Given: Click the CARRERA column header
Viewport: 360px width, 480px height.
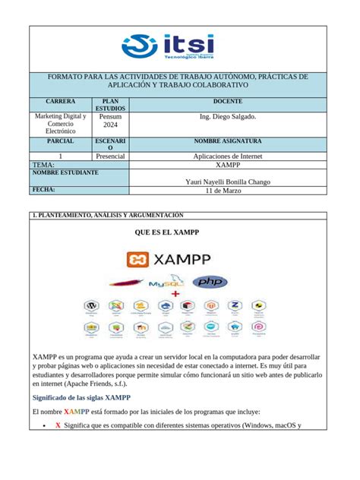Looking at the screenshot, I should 60,100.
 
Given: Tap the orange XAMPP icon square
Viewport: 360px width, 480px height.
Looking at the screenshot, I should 138,260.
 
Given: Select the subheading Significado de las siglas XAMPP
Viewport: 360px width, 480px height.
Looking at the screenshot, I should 81,397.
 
